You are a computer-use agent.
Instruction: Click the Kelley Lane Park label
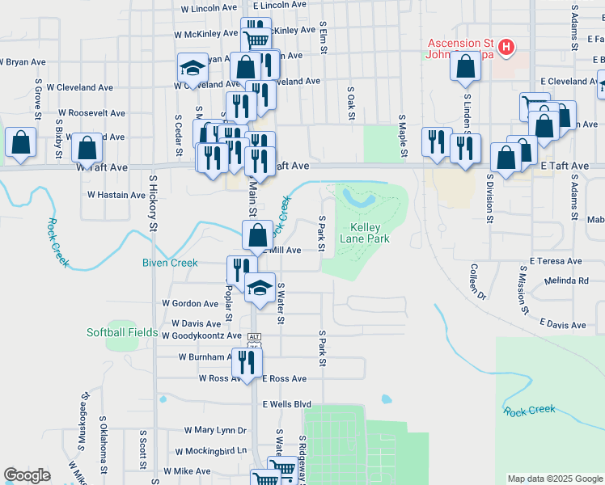[370, 233]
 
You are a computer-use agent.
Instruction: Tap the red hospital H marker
[506, 48]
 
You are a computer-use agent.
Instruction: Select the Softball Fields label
[123, 332]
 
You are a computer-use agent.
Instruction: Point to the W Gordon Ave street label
[190, 303]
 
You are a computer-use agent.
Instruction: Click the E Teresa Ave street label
[556, 261]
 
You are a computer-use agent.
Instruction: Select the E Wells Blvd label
[286, 403]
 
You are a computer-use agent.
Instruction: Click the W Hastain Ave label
[116, 195]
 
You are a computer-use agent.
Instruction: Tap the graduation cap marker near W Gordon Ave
[260, 288]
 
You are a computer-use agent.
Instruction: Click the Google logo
[27, 475]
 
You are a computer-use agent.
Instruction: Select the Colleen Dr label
[474, 281]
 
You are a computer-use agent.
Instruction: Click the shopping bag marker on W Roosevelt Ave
[87, 148]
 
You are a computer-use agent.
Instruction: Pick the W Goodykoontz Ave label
[201, 335]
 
